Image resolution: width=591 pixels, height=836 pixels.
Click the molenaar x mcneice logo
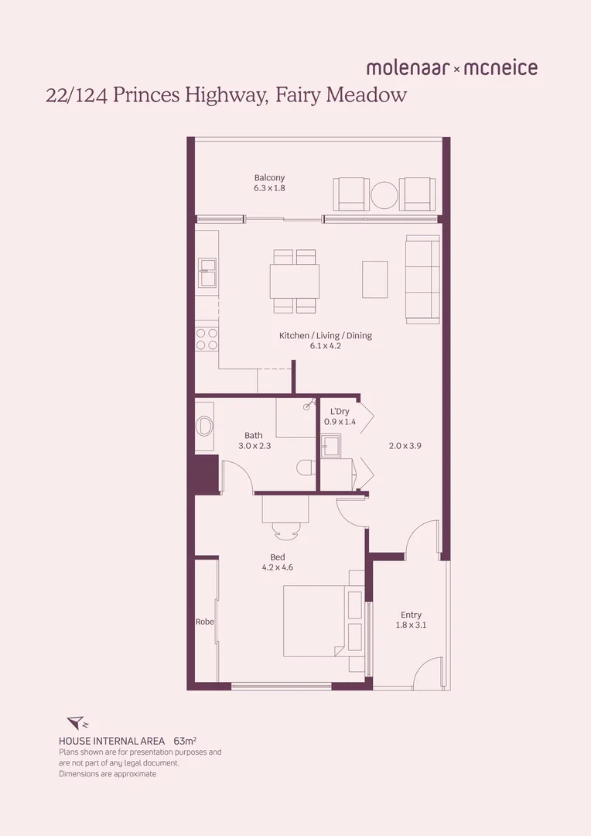[x=452, y=68]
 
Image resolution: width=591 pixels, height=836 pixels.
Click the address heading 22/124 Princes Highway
[x=226, y=96]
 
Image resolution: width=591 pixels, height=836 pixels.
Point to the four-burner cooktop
[x=207, y=339]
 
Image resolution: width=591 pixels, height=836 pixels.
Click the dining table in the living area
[x=295, y=281]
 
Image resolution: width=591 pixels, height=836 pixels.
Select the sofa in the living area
[x=422, y=279]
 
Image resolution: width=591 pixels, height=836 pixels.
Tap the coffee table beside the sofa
[x=375, y=279]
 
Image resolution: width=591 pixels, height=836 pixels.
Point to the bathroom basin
[x=205, y=426]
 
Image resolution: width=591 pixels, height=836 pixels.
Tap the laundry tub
[x=331, y=447]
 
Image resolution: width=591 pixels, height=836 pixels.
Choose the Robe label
[x=204, y=622]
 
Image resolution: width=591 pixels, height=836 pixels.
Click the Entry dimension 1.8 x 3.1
[x=411, y=625]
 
